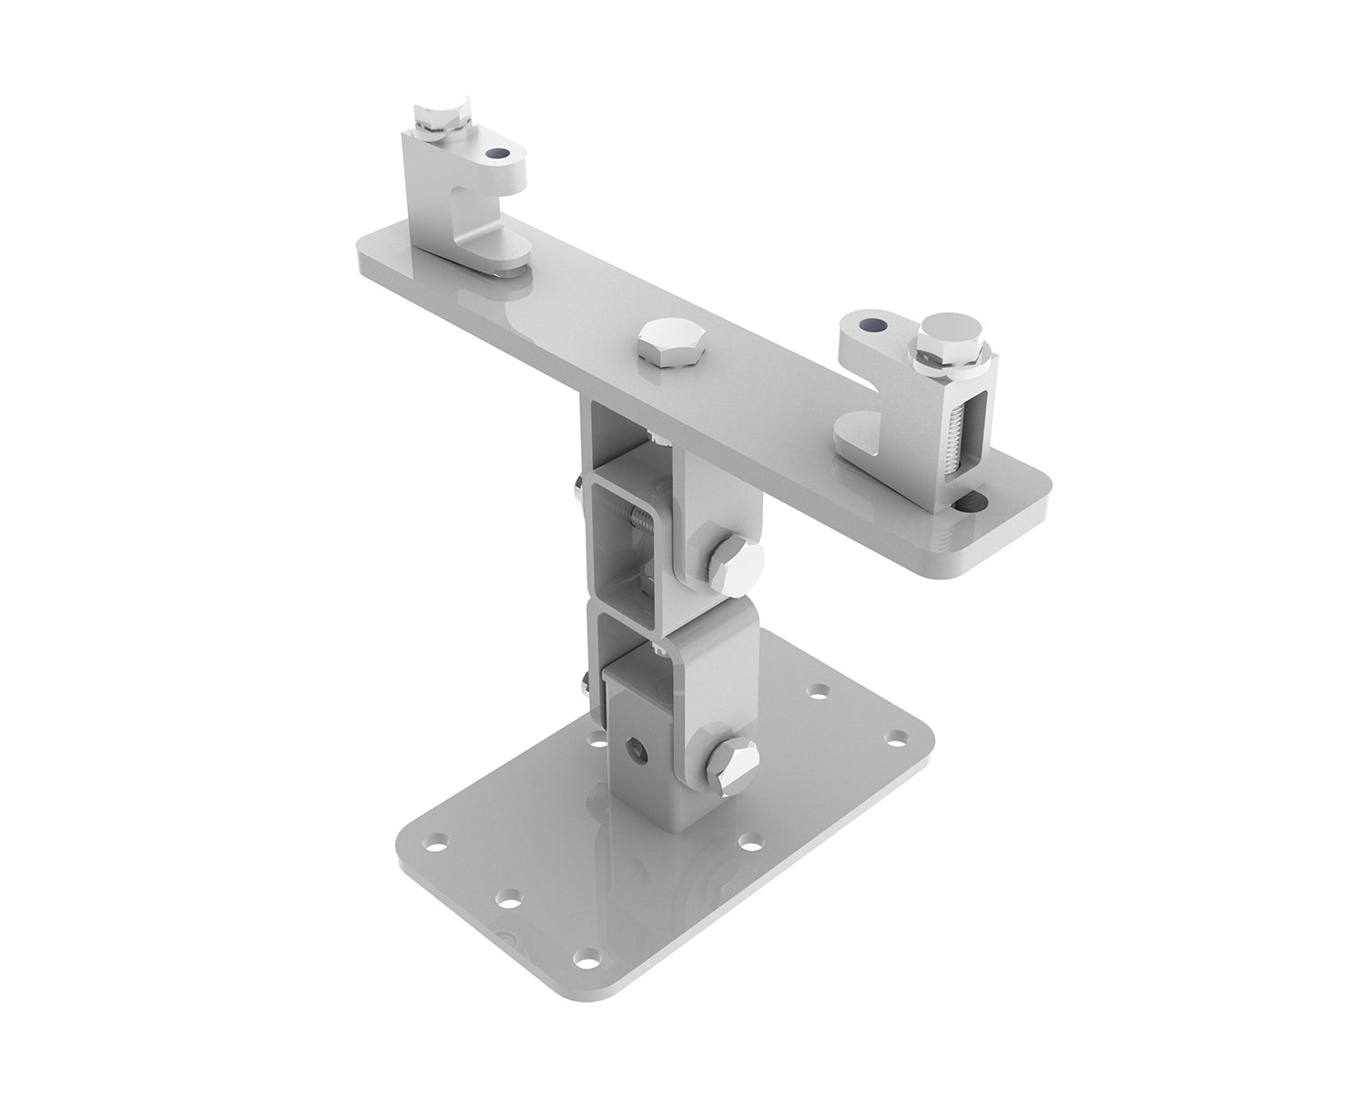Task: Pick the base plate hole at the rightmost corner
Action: click(x=899, y=733)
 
